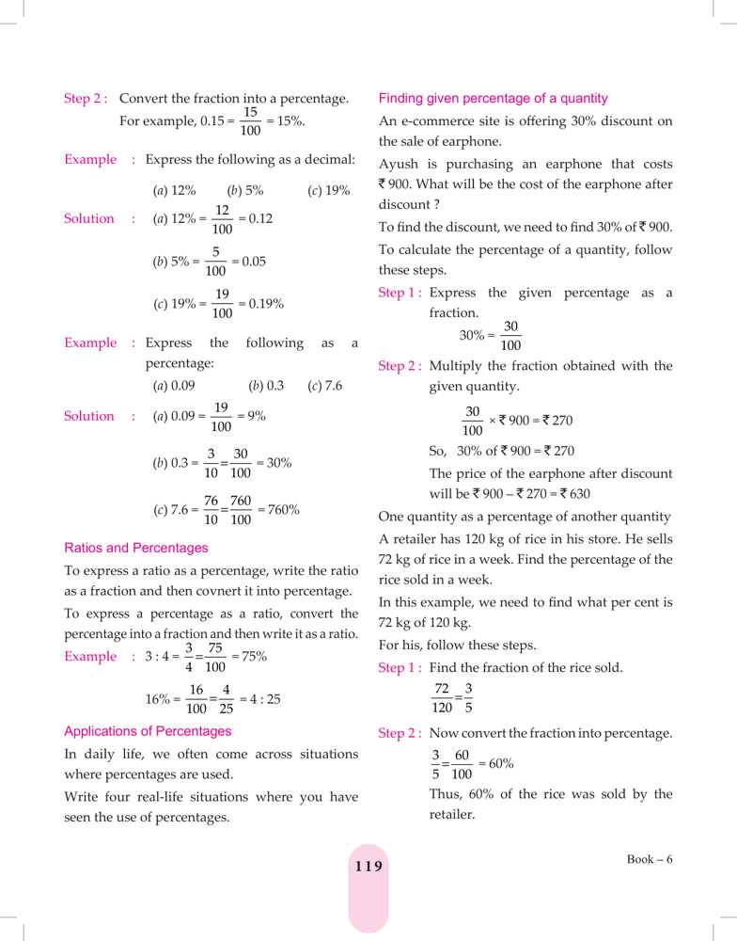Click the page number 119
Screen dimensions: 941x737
(368, 866)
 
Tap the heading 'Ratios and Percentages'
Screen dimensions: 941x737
(136, 548)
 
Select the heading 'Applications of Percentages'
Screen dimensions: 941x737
(148, 731)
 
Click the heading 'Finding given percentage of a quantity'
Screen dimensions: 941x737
(493, 98)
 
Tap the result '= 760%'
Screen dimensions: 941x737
(279, 510)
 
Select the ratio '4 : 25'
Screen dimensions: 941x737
(262, 699)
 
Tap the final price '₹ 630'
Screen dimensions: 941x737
(574, 494)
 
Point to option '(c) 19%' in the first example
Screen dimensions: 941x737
(328, 190)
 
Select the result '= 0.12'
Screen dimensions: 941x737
(256, 218)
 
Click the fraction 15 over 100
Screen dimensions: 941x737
(250, 121)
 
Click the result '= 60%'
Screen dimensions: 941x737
(495, 764)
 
